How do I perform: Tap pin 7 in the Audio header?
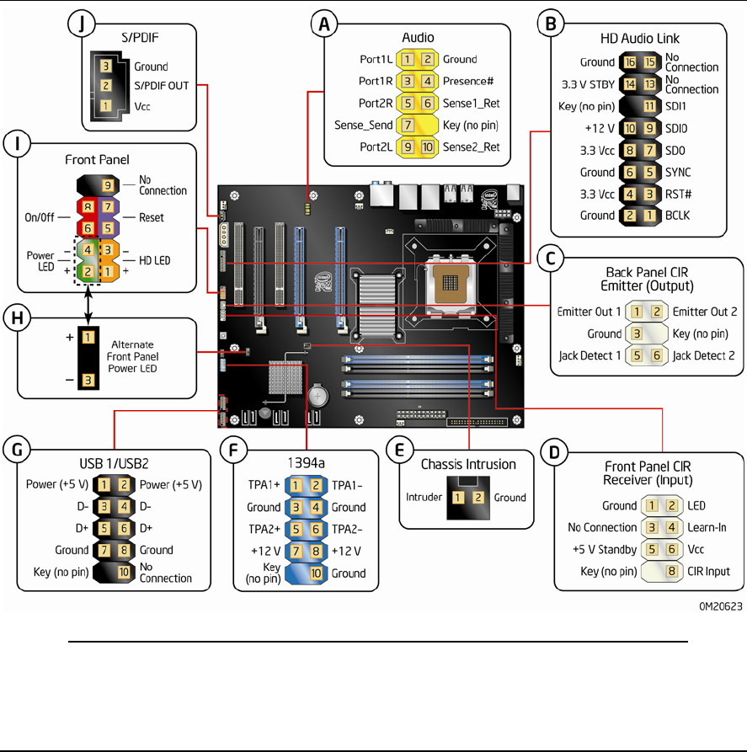pos(408,125)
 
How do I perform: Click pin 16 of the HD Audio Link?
pos(628,62)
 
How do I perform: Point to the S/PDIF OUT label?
pos(162,86)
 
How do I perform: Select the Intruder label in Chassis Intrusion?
pos(423,497)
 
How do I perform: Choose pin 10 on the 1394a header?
pos(315,573)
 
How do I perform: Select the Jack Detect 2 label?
pos(702,355)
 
